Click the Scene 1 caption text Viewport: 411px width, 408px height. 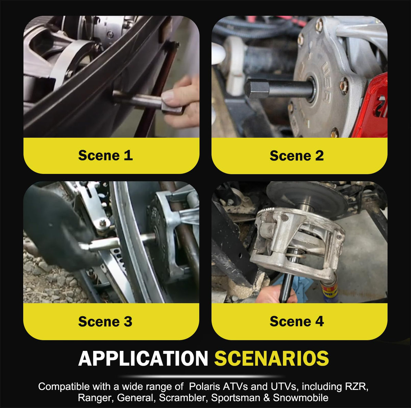pos(105,155)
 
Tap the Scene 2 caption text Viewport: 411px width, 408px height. pos(297,156)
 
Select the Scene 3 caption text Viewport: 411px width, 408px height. pos(105,321)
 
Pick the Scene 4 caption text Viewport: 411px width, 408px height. pos(297,321)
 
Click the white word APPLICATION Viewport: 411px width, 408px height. pos(143,359)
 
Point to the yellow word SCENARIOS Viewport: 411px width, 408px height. pos(272,359)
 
